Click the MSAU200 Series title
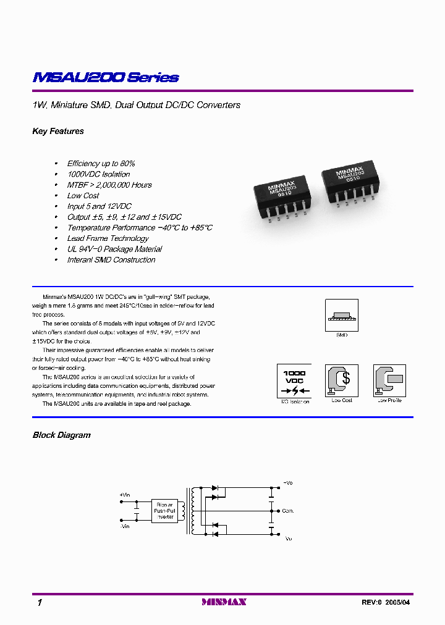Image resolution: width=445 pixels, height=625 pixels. coord(105,78)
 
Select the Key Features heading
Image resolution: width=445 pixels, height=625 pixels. coord(58,132)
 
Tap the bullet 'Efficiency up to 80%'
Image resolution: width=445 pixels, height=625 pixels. coord(101,164)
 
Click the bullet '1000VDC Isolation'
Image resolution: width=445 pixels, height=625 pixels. coord(98,174)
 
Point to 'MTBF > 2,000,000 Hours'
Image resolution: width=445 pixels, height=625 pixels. coord(109,185)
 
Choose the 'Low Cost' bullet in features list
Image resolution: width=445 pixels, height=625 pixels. coord(83,196)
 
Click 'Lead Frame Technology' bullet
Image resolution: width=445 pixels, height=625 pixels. coord(108,238)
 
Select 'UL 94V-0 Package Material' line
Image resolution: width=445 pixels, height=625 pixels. coord(114,250)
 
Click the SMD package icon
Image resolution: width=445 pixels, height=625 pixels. coord(341,315)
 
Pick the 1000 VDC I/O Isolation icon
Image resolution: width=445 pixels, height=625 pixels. coord(294,380)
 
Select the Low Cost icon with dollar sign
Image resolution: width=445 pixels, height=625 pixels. coord(341,380)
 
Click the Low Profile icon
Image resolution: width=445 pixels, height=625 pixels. coord(389,380)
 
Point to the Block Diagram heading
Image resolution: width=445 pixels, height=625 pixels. coord(61,435)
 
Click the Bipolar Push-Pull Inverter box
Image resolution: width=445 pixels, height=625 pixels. coord(165,511)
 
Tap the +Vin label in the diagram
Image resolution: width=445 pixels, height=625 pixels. coord(125,495)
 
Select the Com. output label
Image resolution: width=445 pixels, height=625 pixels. coord(288,511)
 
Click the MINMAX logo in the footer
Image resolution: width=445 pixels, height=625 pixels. coord(224,602)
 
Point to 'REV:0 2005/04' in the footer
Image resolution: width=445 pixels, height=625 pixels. coord(384,602)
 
